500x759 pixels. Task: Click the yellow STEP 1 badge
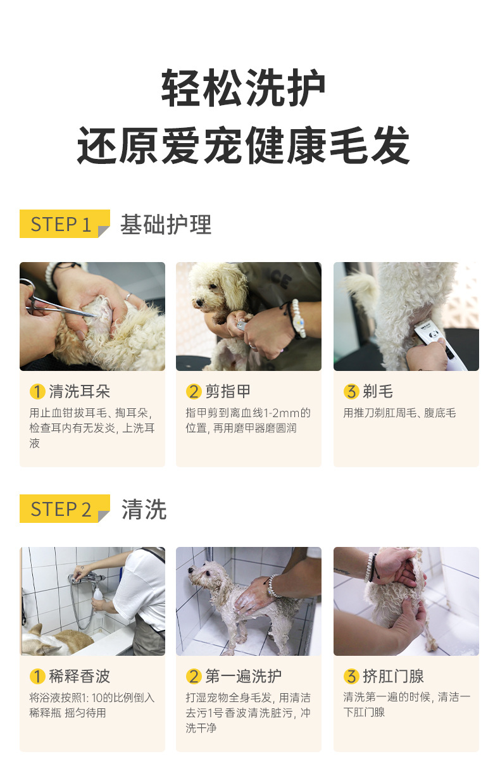coord(65,223)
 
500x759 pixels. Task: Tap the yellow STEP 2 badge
coord(65,508)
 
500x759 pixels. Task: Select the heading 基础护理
coord(166,225)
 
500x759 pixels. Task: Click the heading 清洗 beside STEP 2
coord(144,510)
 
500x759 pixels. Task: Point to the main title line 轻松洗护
coord(244,87)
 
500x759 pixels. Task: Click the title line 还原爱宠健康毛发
coord(244,145)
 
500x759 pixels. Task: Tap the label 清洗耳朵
coord(79,391)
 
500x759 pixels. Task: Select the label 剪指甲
coord(228,391)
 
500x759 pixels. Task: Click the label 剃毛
coord(378,391)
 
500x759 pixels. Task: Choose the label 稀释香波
coord(79,675)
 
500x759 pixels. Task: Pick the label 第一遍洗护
coord(244,675)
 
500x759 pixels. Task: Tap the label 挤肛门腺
coord(393,675)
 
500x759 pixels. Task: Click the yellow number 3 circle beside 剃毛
coord(351,391)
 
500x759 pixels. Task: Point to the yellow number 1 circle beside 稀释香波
coord(37,675)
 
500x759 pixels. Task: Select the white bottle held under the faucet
coord(97,593)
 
